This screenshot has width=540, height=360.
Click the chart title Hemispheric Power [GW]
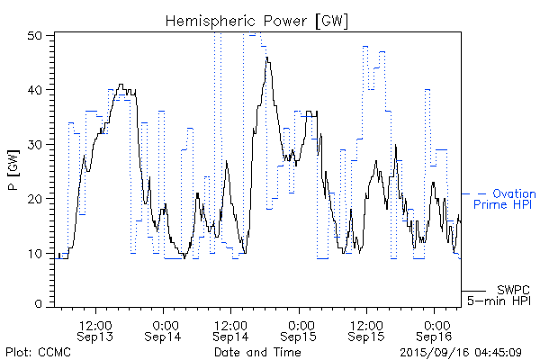257,20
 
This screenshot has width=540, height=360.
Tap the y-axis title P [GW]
13,170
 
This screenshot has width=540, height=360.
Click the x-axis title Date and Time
257,352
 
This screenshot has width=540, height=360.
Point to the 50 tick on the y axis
36,35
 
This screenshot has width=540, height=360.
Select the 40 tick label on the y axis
36,90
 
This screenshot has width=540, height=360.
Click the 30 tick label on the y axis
36,144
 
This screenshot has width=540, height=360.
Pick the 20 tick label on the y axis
36,198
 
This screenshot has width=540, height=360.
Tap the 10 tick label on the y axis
36,252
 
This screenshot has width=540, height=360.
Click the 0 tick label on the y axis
40,304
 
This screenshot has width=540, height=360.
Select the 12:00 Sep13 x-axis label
95,329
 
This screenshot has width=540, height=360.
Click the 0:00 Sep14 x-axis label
164,329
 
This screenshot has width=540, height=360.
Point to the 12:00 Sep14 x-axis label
231,329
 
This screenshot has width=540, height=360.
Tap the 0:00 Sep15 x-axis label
300,329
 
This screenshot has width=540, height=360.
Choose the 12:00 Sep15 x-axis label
367,329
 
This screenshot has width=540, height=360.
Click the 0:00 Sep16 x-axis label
436,329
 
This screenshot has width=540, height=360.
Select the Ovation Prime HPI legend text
505,200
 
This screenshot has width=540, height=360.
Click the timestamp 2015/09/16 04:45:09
461,352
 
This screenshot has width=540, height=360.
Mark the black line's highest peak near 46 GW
267,57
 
